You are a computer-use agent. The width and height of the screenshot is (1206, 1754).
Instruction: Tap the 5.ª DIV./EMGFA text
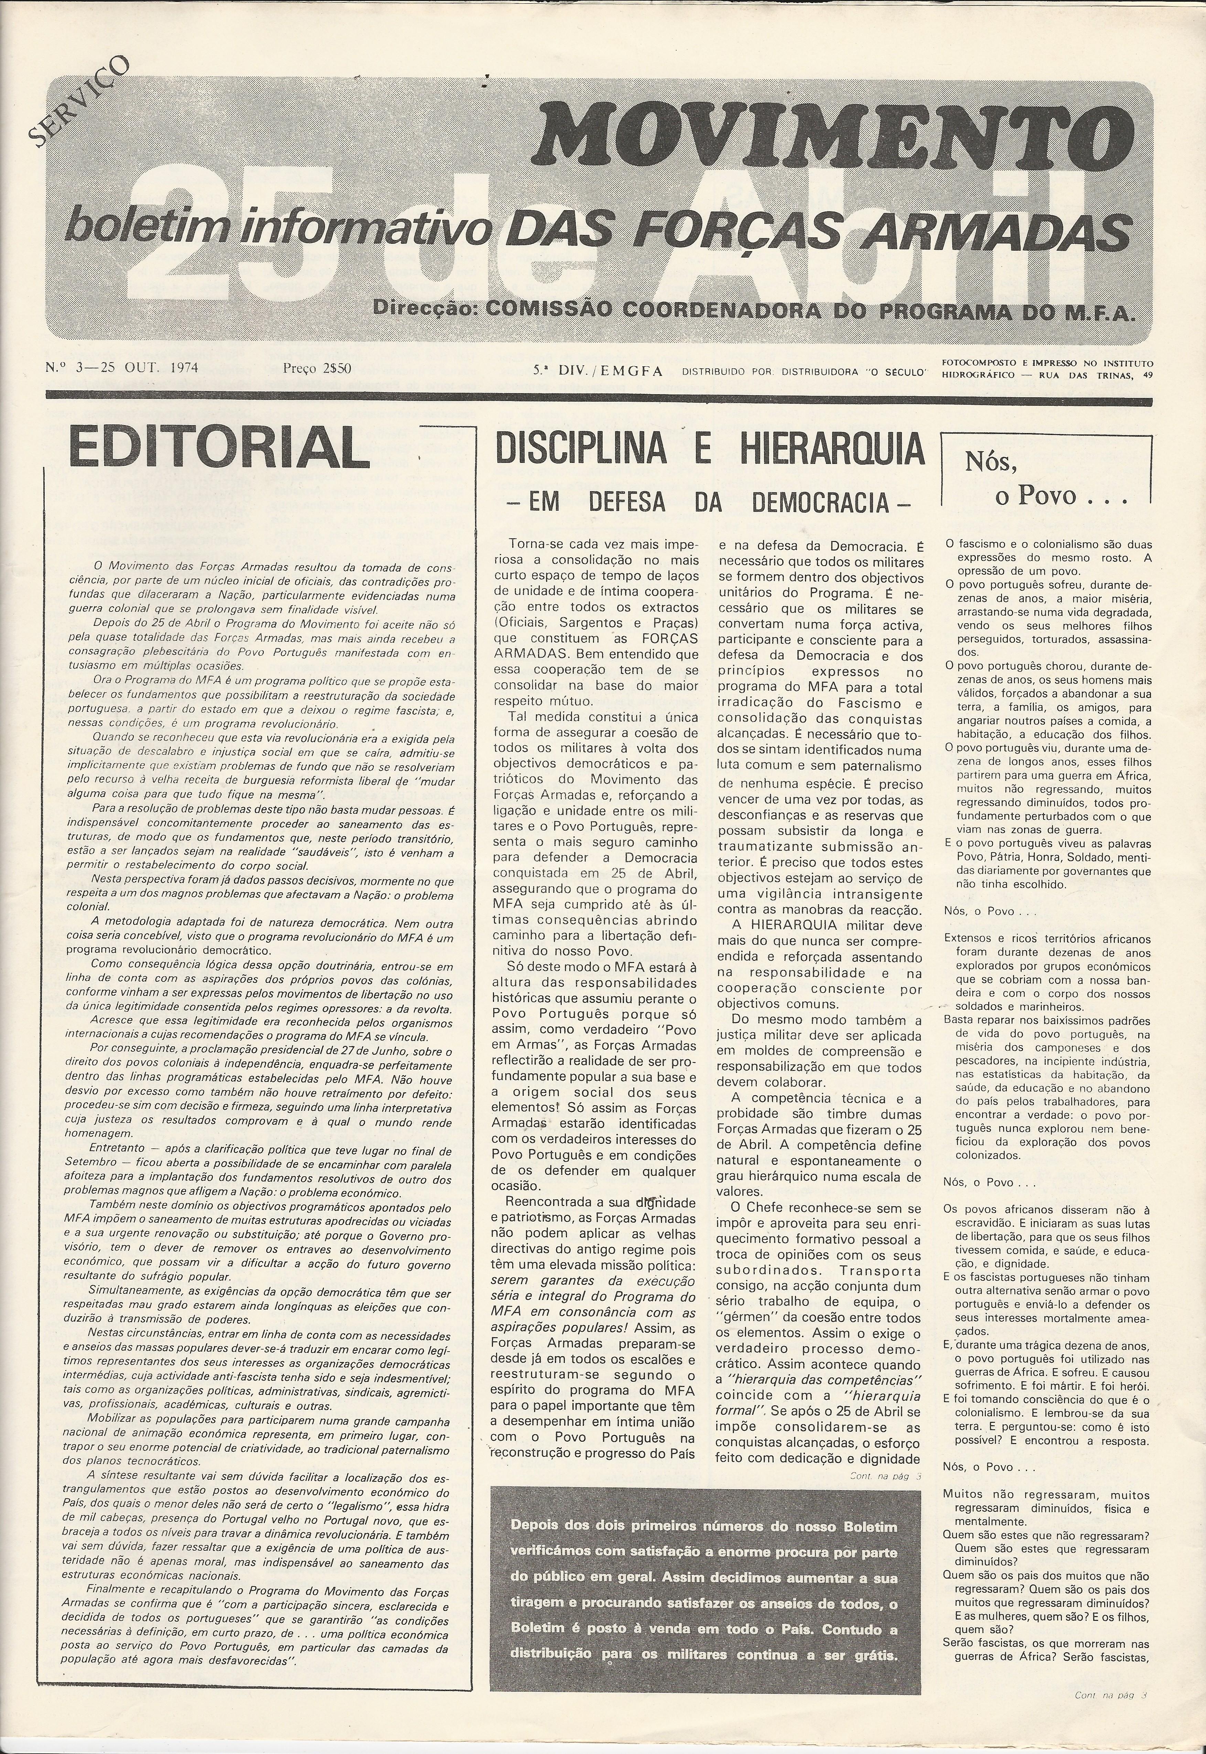click(x=597, y=370)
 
